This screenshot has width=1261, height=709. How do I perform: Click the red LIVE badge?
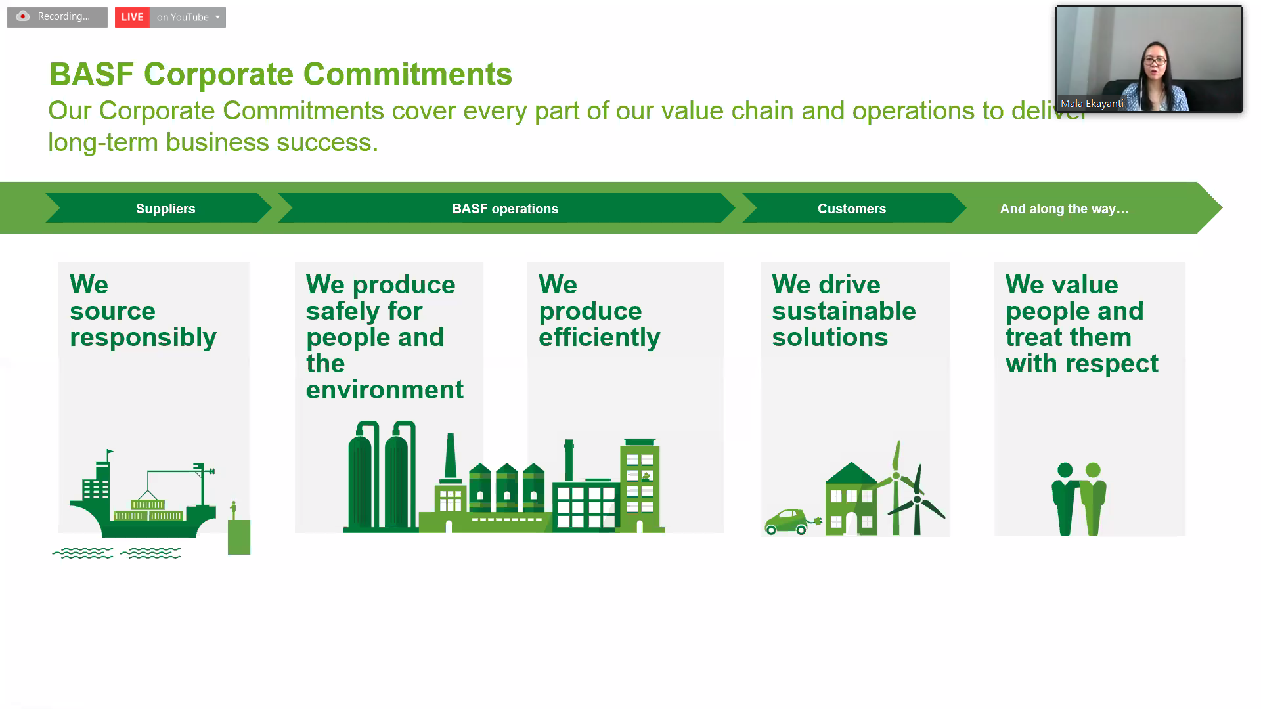(x=132, y=17)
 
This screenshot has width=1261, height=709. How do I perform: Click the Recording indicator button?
(x=57, y=17)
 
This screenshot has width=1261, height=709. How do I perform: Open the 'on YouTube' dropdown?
(x=188, y=17)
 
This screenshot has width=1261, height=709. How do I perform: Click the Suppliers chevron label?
(x=166, y=209)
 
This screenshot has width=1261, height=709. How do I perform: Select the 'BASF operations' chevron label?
(x=505, y=209)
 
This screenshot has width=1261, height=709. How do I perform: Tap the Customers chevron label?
(x=852, y=209)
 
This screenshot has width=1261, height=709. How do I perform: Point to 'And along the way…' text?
(x=1065, y=209)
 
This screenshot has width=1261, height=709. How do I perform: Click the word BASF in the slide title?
(x=92, y=74)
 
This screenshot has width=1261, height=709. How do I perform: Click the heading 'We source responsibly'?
(x=143, y=311)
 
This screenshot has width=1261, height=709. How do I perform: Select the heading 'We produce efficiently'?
(x=600, y=311)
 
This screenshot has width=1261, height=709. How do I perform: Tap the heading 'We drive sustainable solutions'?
(x=844, y=311)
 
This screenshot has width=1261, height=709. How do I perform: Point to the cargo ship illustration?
(x=143, y=499)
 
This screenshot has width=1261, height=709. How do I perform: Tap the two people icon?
(x=1079, y=499)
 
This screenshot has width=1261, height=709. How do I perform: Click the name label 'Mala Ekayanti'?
(x=1092, y=104)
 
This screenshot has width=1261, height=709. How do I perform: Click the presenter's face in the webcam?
(x=1155, y=62)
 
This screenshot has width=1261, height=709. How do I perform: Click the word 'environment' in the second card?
(x=385, y=390)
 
